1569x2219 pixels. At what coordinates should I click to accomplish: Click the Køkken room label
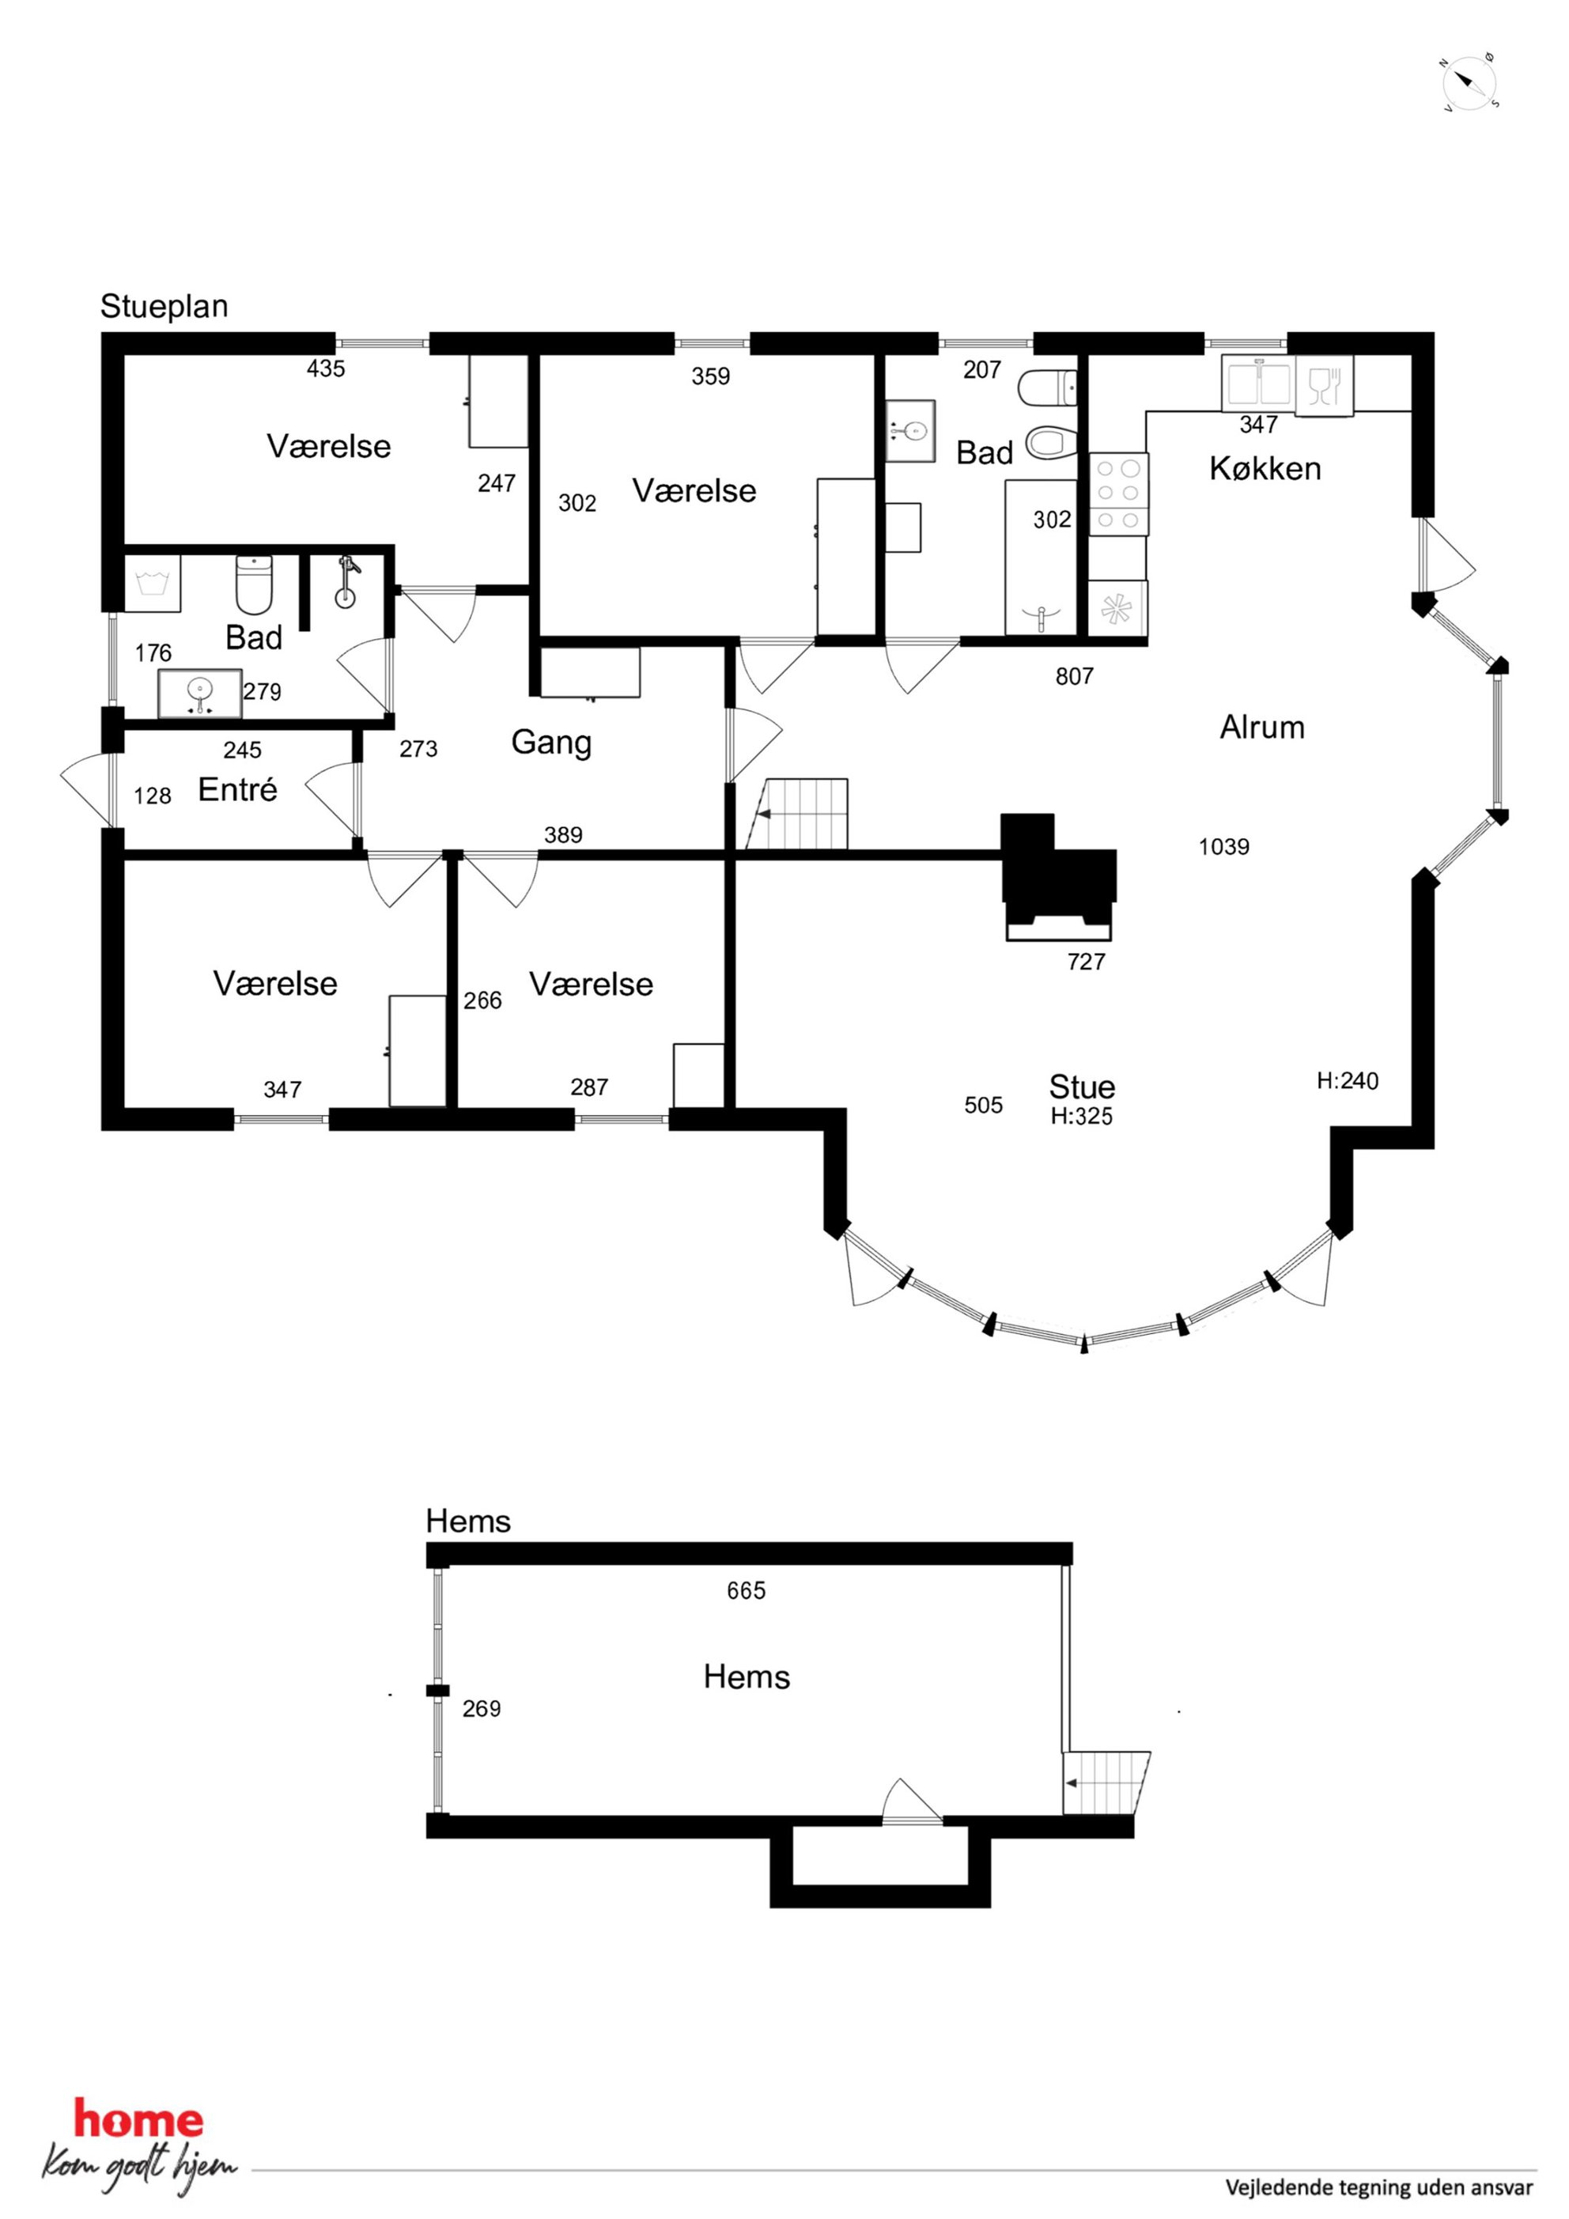[1264, 469]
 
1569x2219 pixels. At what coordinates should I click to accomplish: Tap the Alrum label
[1261, 727]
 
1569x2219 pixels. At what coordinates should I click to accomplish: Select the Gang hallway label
[551, 743]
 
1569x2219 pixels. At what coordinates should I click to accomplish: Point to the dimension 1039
[1224, 847]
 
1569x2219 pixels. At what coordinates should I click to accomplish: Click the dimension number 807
[1074, 676]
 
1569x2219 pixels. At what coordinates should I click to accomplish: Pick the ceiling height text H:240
[1347, 1080]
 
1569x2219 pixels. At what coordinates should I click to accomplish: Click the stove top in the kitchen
[1118, 494]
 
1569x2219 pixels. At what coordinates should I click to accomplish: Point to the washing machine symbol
[153, 583]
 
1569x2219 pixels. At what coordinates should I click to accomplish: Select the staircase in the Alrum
[798, 814]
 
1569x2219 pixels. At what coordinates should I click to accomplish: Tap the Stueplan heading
[164, 306]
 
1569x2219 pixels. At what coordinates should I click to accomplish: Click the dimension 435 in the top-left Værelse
[326, 369]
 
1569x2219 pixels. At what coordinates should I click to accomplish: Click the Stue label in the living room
[1082, 1087]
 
